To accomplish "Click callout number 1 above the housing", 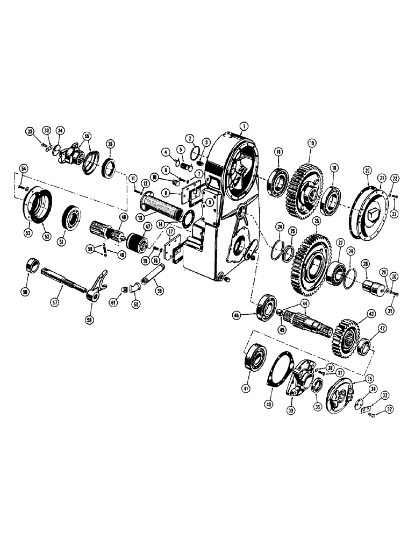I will point(244,127).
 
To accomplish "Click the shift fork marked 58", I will point(98,289).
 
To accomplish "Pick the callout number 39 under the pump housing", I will point(292,411).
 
